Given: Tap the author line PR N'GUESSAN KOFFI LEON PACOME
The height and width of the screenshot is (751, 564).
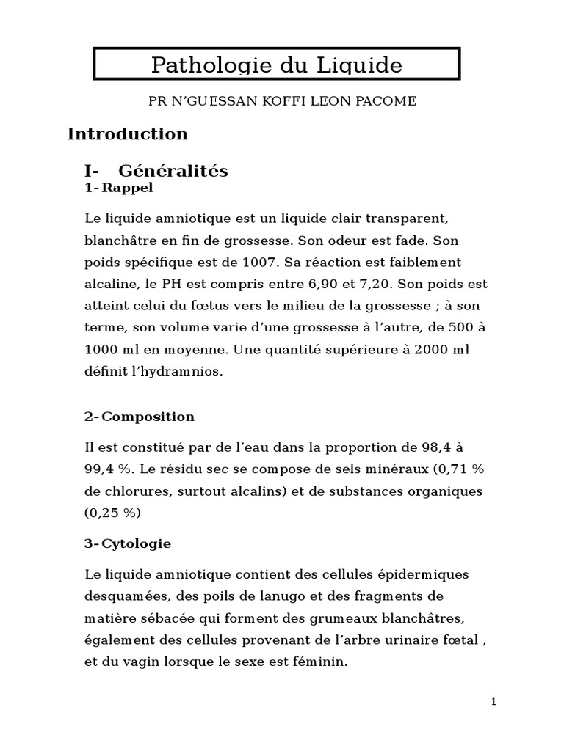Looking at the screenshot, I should pyautogui.click(x=282, y=101).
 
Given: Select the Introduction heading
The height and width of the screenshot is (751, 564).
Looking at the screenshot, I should pyautogui.click(x=128, y=134).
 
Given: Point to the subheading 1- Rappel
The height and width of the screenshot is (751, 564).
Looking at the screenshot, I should pyautogui.click(x=119, y=188).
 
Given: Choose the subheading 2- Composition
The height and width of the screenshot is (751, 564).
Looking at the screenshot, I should pyautogui.click(x=140, y=417).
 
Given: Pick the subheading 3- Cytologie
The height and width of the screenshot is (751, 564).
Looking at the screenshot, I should pyautogui.click(x=128, y=543).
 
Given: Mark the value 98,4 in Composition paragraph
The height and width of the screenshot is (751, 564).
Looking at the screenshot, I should pyautogui.click(x=449, y=447).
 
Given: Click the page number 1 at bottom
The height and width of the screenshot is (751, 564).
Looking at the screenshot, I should pyautogui.click(x=494, y=703).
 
